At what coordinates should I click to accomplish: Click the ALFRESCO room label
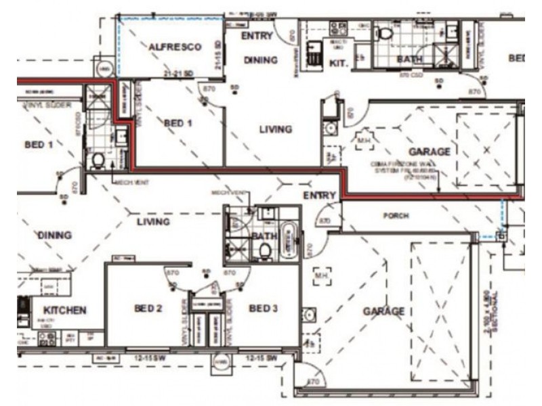pyautogui.click(x=175, y=47)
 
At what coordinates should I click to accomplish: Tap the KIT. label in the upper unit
pyautogui.click(x=338, y=62)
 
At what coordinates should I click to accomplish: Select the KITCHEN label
pyautogui.click(x=65, y=310)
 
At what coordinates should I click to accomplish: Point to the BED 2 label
pyautogui.click(x=148, y=309)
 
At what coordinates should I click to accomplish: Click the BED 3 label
pyautogui.click(x=264, y=309)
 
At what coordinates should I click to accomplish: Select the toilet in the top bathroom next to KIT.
pyautogui.click(x=385, y=32)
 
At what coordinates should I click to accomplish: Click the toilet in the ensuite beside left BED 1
pyautogui.click(x=98, y=160)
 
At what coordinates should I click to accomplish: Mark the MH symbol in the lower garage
pyautogui.click(x=321, y=275)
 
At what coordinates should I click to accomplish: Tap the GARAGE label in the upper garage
pyautogui.click(x=429, y=152)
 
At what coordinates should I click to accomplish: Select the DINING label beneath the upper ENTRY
pyautogui.click(x=261, y=60)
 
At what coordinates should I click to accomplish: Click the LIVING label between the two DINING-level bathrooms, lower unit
pyautogui.click(x=153, y=221)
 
